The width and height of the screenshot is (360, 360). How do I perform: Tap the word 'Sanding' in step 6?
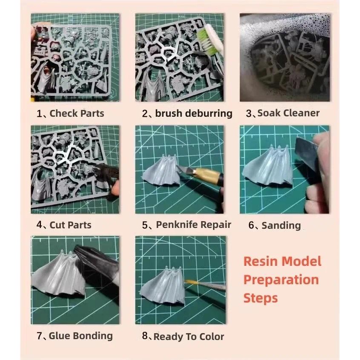281,225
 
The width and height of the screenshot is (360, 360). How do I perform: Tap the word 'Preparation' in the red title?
281,280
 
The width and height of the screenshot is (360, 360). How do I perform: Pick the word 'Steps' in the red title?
260,298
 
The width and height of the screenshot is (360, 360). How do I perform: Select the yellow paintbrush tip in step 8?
189,281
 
